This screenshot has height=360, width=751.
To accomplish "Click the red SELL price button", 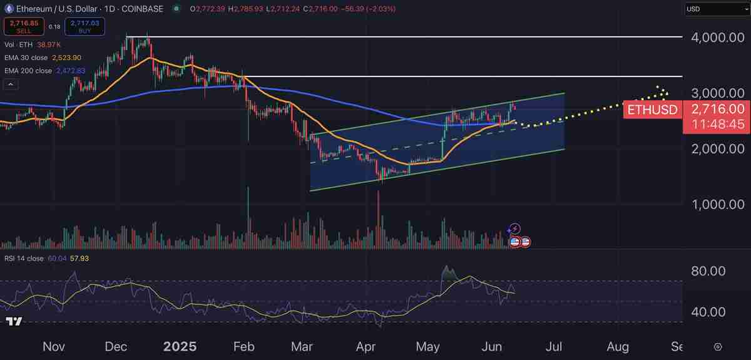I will (24, 26).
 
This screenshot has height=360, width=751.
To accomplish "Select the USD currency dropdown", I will (715, 9).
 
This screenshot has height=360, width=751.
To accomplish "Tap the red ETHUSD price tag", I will (653, 109).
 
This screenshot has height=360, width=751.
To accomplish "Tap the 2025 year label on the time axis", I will (179, 346).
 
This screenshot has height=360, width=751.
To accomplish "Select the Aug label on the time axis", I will (618, 346).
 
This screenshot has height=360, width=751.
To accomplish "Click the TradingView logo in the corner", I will (14, 321).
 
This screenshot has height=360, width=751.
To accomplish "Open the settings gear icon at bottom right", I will (718, 346).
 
